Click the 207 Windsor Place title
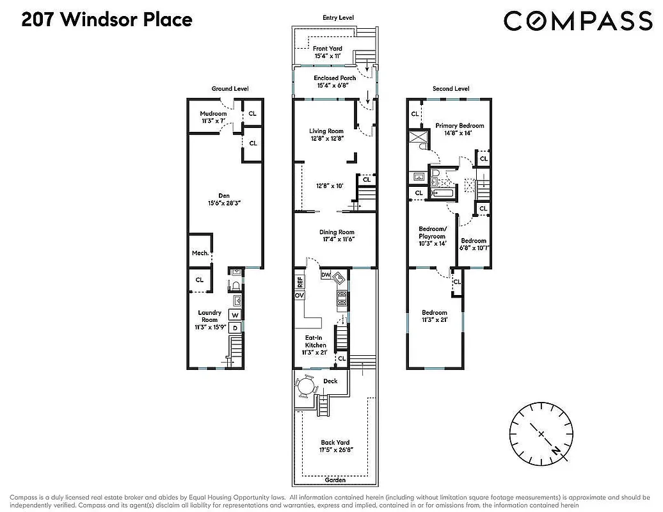[x=107, y=20]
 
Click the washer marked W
[x=235, y=315]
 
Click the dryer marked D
[x=235, y=328]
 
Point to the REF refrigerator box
[x=299, y=282]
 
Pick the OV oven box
[x=299, y=296]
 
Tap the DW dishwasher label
[x=326, y=275]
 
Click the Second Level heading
[x=451, y=89]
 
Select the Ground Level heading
[x=230, y=89]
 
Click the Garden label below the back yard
[x=335, y=479]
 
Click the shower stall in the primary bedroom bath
[x=419, y=138]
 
